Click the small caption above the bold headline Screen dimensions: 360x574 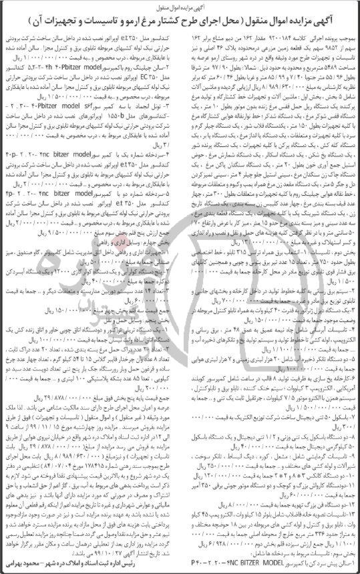click(x=180, y=5)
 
